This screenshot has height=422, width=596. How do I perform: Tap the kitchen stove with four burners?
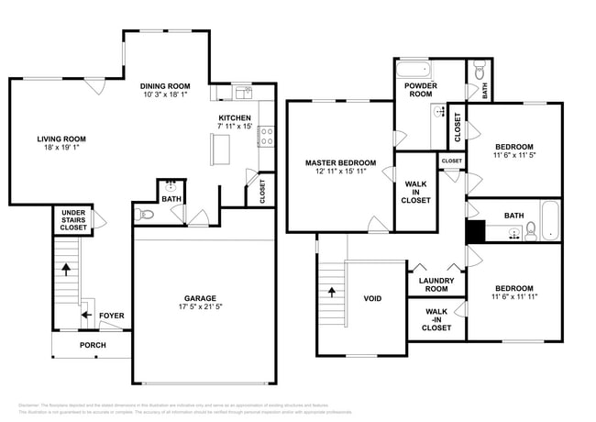[x=266, y=138]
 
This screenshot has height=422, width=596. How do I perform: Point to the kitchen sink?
[x=242, y=93]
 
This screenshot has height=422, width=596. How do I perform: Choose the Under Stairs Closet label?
[x=73, y=220]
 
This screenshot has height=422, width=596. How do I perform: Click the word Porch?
[x=93, y=345]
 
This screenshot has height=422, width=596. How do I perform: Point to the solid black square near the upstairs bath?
[x=475, y=232]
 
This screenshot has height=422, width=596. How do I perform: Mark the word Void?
[x=372, y=298]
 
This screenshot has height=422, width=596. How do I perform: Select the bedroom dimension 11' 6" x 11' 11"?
[x=514, y=295]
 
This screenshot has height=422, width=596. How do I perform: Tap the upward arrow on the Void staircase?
[x=332, y=293]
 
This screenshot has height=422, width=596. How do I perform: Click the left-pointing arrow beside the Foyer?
[x=84, y=316]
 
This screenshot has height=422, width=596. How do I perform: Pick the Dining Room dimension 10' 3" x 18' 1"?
[x=165, y=94]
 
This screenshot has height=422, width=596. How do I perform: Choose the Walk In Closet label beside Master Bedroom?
[x=416, y=192]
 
